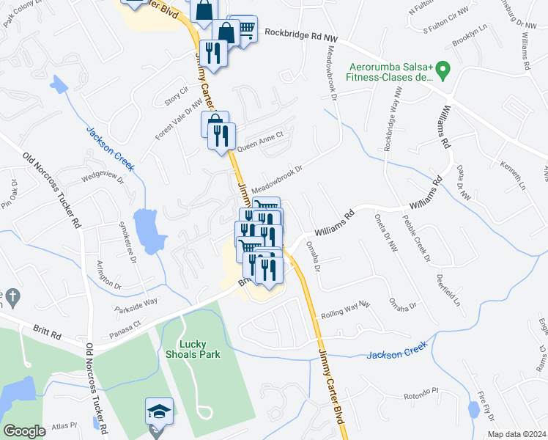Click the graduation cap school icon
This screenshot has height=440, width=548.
pyautogui.click(x=158, y=412)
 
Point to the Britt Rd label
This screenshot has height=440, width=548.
pyautogui.click(x=46, y=332)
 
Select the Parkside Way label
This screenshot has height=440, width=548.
pyautogui.click(x=136, y=301)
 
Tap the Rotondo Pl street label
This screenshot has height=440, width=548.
pyautogui.click(x=421, y=397)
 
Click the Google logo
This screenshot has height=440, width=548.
pyautogui.click(x=24, y=431)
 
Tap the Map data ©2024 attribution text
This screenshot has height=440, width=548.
pyautogui.click(x=516, y=434)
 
